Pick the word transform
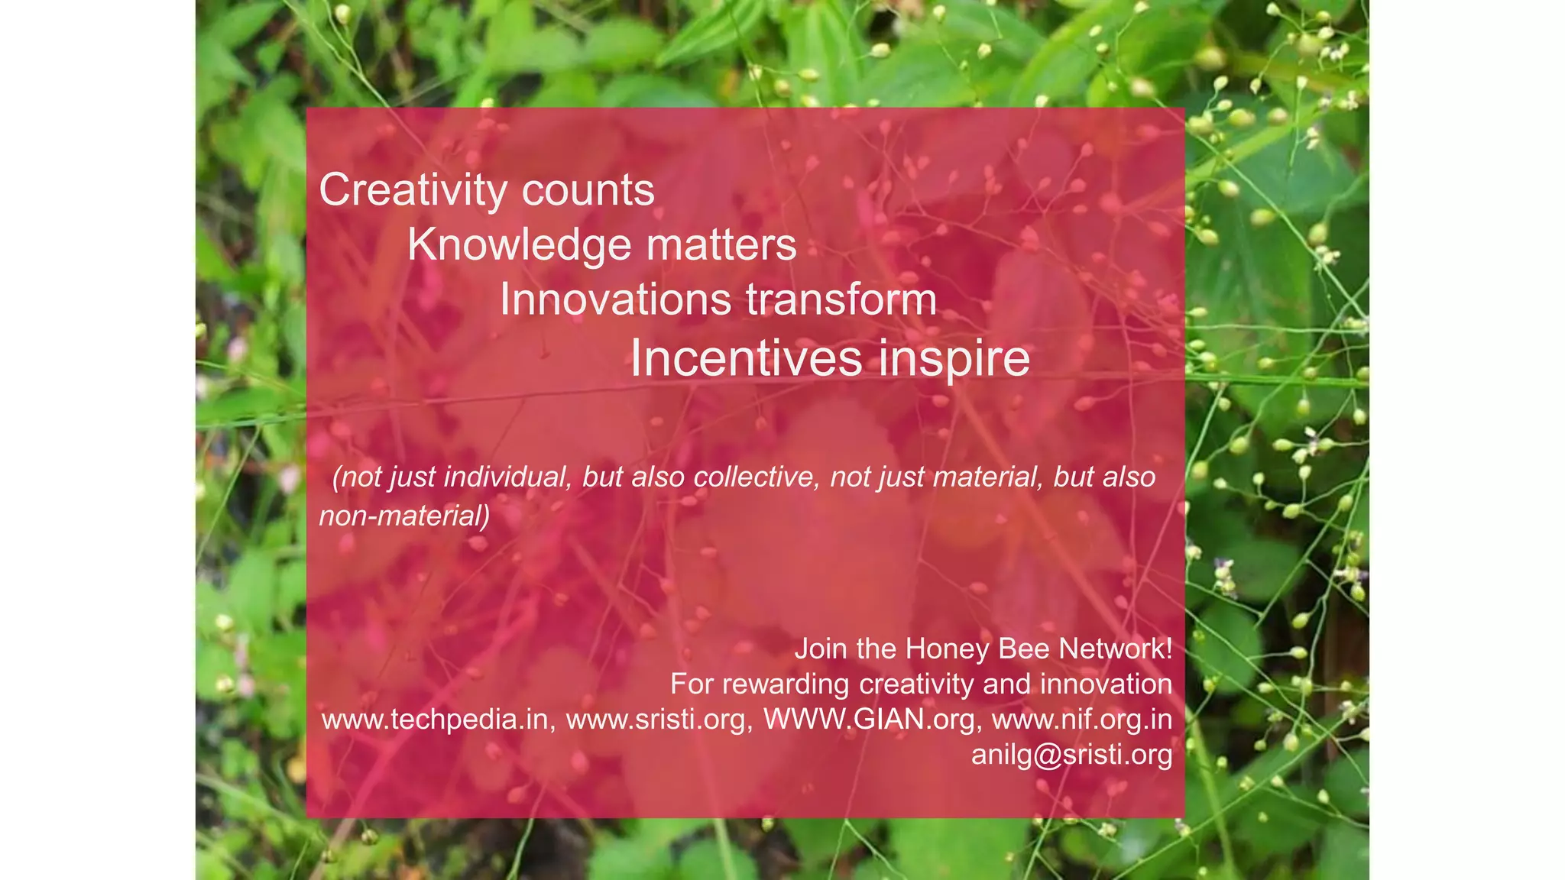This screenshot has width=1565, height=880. (x=841, y=299)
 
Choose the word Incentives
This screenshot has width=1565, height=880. (x=747, y=357)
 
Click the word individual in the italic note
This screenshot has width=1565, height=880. (x=507, y=477)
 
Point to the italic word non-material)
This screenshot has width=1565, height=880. (x=404, y=516)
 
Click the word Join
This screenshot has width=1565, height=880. (x=821, y=649)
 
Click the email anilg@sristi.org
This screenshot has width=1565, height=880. (x=1071, y=755)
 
